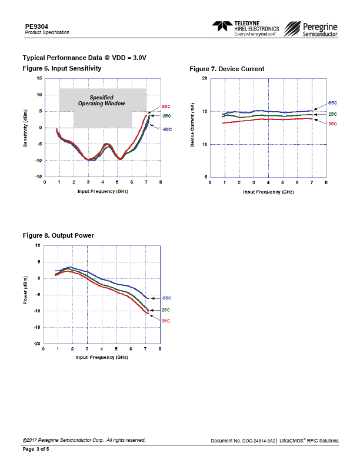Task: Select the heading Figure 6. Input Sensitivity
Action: (x=62, y=69)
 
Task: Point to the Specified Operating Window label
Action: (x=102, y=101)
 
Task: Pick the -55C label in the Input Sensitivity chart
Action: (x=166, y=129)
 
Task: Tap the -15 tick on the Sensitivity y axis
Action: (x=38, y=177)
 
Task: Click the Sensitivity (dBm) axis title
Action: (x=26, y=127)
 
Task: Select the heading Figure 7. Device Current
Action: (x=226, y=69)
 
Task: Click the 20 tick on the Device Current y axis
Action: (x=204, y=78)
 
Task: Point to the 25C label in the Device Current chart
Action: (x=332, y=114)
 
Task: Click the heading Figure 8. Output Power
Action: (x=58, y=235)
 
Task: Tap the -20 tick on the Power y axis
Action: (x=36, y=344)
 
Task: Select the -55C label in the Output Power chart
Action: (x=166, y=298)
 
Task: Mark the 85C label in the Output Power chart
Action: (x=166, y=321)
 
